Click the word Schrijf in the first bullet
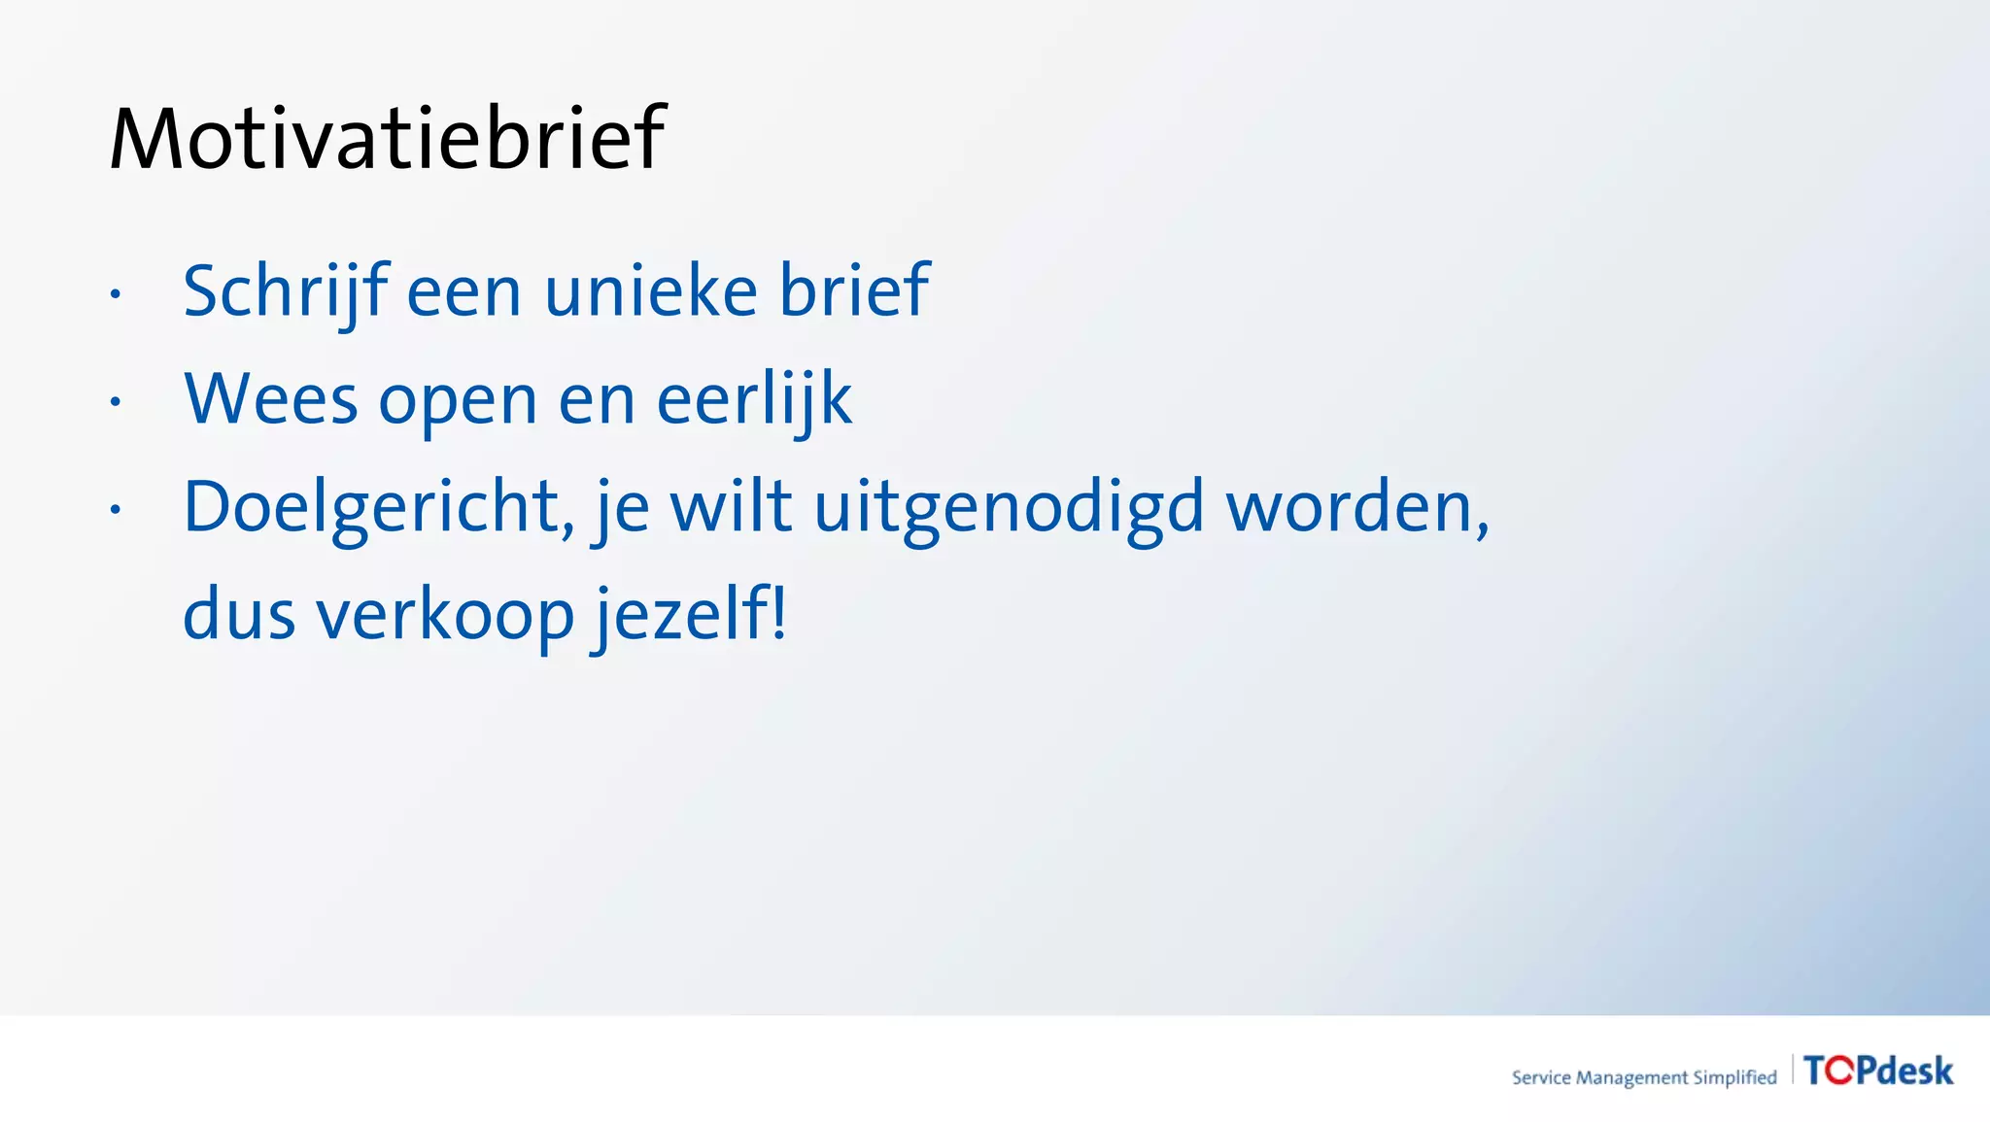(x=284, y=291)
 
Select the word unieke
(x=650, y=291)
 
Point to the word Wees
(x=271, y=399)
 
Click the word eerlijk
(x=754, y=399)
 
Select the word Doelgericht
(x=372, y=508)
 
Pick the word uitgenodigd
(x=1009, y=508)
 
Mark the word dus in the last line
(x=238, y=616)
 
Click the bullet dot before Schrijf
(x=115, y=292)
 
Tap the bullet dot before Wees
(x=115, y=400)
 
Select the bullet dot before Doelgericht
(x=115, y=508)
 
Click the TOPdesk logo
(x=1877, y=1071)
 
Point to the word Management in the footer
(x=1631, y=1077)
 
